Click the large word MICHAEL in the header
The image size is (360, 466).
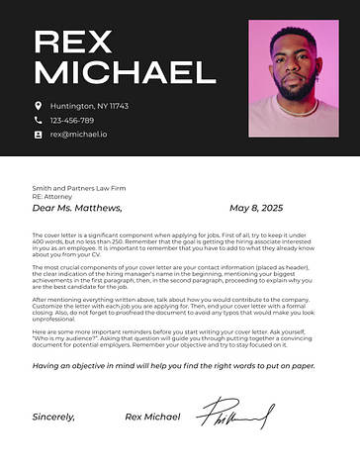(x=125, y=72)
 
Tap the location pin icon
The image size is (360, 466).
(x=39, y=106)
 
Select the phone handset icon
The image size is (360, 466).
(x=39, y=120)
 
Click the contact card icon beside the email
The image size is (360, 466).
(x=39, y=135)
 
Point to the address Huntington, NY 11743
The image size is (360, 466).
(x=89, y=106)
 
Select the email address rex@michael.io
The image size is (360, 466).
(x=79, y=135)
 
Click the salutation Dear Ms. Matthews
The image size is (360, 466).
(x=77, y=209)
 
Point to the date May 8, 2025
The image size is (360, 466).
(x=256, y=209)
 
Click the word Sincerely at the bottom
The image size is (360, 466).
(x=53, y=417)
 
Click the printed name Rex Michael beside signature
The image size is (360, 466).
(x=152, y=417)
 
